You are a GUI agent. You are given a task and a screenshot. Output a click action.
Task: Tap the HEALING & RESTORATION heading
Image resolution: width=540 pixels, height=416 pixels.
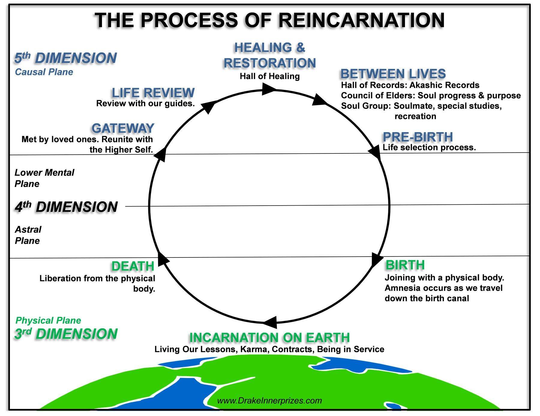pyautogui.click(x=270, y=55)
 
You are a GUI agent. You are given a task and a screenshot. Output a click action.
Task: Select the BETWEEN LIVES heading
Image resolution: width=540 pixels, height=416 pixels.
pyautogui.click(x=393, y=74)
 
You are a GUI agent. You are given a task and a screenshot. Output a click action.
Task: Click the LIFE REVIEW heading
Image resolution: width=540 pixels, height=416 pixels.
pyautogui.click(x=153, y=93)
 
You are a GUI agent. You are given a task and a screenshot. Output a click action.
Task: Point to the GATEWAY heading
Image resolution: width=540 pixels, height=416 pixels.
pyautogui.click(x=123, y=128)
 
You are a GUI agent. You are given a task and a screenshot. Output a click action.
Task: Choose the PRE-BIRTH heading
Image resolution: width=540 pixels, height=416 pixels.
pyautogui.click(x=418, y=137)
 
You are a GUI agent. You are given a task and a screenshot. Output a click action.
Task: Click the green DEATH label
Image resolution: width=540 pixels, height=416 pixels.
pyautogui.click(x=133, y=266)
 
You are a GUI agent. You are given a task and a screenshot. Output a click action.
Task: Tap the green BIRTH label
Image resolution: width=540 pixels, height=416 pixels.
pyautogui.click(x=405, y=265)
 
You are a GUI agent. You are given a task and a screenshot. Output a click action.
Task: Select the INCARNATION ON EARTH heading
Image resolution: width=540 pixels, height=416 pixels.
pyautogui.click(x=269, y=337)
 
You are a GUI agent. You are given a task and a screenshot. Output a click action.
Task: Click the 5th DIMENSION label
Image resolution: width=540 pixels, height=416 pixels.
pyautogui.click(x=65, y=58)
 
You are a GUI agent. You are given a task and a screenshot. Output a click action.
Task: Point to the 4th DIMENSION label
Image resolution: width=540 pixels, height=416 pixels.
pyautogui.click(x=66, y=207)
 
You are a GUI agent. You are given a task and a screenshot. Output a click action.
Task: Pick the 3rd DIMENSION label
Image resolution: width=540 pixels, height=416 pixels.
pyautogui.click(x=66, y=334)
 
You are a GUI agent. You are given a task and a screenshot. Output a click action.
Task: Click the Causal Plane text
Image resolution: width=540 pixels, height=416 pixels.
pyautogui.click(x=44, y=72)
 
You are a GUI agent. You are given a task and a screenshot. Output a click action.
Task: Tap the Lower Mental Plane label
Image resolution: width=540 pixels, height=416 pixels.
pyautogui.click(x=44, y=178)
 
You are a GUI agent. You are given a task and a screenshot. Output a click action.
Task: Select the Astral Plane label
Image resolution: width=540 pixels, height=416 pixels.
pyautogui.click(x=28, y=235)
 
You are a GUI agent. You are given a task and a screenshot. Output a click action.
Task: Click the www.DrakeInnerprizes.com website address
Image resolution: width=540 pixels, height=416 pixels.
pyautogui.click(x=269, y=401)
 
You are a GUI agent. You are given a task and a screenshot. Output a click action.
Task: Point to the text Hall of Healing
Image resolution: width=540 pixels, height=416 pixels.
pyautogui.click(x=270, y=76)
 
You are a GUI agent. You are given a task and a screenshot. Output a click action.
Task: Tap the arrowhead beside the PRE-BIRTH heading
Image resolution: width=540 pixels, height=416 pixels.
pyautogui.click(x=375, y=151)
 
